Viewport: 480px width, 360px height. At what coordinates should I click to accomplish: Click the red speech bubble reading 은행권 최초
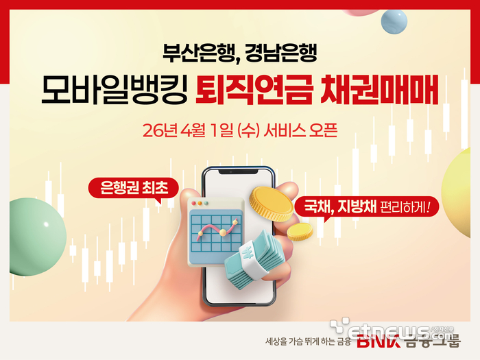coord(133,187)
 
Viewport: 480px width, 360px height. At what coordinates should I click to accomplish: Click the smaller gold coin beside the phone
coord(300,231)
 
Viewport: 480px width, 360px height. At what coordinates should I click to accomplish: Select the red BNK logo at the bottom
coord(372,341)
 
